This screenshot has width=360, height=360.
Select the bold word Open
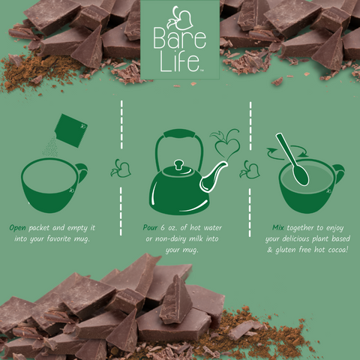tap(19, 226)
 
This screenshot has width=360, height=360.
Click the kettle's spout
tap(218, 175)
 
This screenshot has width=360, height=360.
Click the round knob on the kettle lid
tap(178, 164)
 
